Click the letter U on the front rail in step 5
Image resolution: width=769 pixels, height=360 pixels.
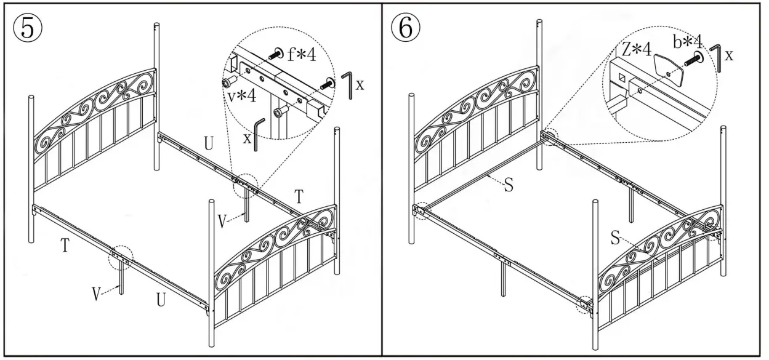click(x=161, y=300)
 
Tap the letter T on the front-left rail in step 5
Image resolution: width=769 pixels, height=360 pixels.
click(x=64, y=246)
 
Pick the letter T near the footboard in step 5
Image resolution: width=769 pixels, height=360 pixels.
click(x=299, y=197)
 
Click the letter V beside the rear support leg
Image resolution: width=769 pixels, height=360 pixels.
click(x=222, y=218)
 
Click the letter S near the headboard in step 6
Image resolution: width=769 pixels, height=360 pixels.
click(x=509, y=185)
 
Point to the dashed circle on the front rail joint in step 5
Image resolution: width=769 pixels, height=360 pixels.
click(x=121, y=258)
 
